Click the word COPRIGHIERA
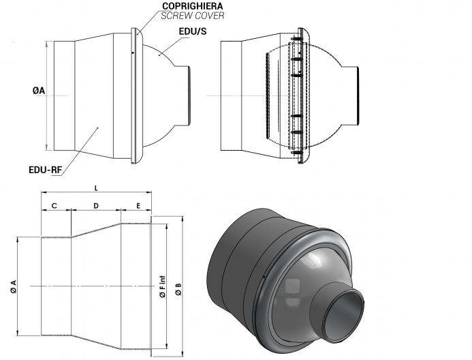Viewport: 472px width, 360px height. click(x=192, y=6)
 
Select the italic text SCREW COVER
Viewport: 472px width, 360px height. click(x=192, y=16)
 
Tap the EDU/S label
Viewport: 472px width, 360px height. click(x=193, y=31)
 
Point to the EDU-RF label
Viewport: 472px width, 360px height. click(x=45, y=170)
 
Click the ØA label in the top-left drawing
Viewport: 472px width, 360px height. click(x=39, y=91)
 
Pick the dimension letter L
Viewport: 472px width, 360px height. click(x=96, y=189)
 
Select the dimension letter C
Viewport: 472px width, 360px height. click(x=54, y=206)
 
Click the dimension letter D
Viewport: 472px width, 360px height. click(x=96, y=206)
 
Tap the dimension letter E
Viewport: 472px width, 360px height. click(x=138, y=206)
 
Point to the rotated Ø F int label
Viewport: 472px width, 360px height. click(x=163, y=286)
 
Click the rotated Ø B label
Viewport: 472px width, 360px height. click(x=178, y=289)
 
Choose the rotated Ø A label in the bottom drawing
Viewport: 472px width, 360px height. click(x=13, y=286)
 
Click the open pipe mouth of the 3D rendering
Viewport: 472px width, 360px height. click(x=345, y=316)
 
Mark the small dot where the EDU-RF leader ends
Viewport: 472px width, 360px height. click(x=98, y=128)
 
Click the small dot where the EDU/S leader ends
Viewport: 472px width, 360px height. click(x=160, y=55)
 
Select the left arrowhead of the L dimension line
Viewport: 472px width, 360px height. click(x=44, y=192)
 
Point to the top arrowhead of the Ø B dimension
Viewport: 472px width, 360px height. click(x=183, y=218)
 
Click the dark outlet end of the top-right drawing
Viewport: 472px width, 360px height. click(x=358, y=96)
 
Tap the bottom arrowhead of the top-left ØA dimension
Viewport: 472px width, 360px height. click(x=47, y=148)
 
